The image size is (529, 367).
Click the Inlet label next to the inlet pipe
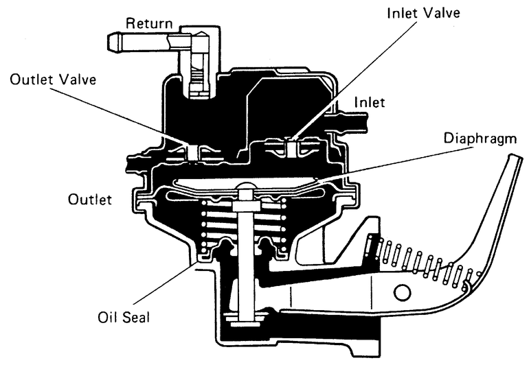368,102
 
